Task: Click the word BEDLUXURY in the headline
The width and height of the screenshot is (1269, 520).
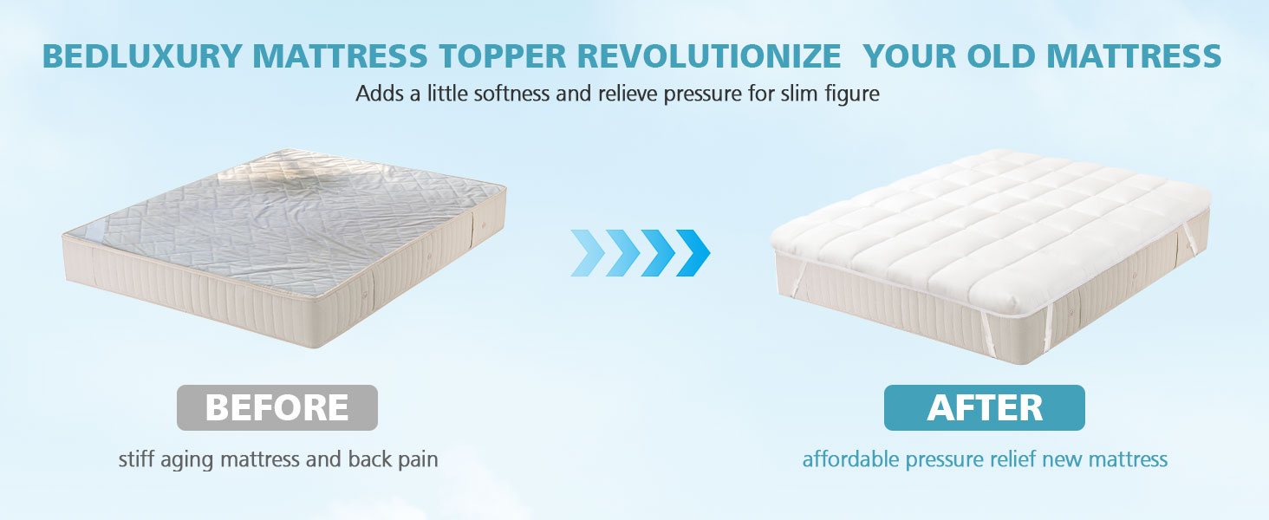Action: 143,56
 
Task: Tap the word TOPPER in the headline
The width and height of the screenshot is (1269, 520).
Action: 503,56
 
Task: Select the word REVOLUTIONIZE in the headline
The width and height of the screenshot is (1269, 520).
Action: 709,56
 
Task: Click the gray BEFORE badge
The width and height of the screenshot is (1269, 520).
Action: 277,407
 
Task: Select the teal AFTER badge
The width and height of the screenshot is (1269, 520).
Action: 985,407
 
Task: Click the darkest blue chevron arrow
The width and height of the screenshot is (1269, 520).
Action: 693,253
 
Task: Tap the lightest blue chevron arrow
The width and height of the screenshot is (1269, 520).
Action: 588,253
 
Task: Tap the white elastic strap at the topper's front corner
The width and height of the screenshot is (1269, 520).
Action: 1046,328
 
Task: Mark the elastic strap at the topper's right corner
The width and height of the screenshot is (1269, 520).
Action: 1188,239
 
